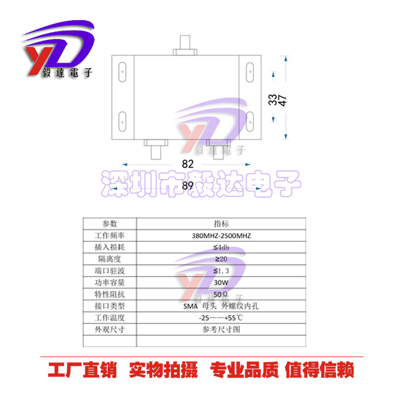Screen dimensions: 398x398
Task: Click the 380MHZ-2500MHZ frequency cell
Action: click(221, 236)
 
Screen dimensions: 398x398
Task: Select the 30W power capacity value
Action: click(221, 283)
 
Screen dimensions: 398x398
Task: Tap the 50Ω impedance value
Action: click(221, 294)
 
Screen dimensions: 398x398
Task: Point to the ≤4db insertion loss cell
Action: click(221, 247)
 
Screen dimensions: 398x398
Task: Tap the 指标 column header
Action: click(221, 224)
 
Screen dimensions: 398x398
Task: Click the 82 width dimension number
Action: click(188, 163)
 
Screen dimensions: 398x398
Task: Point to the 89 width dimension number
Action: click(187, 185)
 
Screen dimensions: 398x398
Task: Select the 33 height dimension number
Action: click(272, 100)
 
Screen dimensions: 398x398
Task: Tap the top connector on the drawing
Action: click(185, 45)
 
